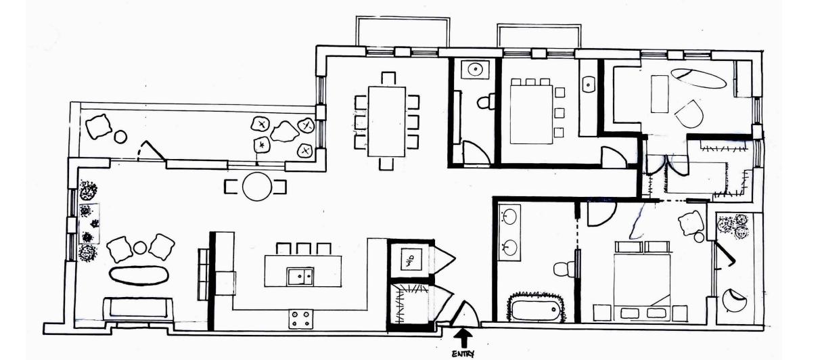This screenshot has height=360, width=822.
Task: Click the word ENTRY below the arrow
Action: click(464, 353)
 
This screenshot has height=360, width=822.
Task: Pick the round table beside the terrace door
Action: click(256, 186)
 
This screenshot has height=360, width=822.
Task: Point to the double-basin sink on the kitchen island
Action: click(299, 275)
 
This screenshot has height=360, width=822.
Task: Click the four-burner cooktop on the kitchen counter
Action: click(300, 318)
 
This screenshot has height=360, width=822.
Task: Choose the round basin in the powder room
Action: click(474, 68)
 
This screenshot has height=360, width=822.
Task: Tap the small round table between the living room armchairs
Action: click(140, 248)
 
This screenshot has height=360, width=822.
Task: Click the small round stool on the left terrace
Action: click(120, 137)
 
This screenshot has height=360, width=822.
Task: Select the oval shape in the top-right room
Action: click(698, 78)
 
